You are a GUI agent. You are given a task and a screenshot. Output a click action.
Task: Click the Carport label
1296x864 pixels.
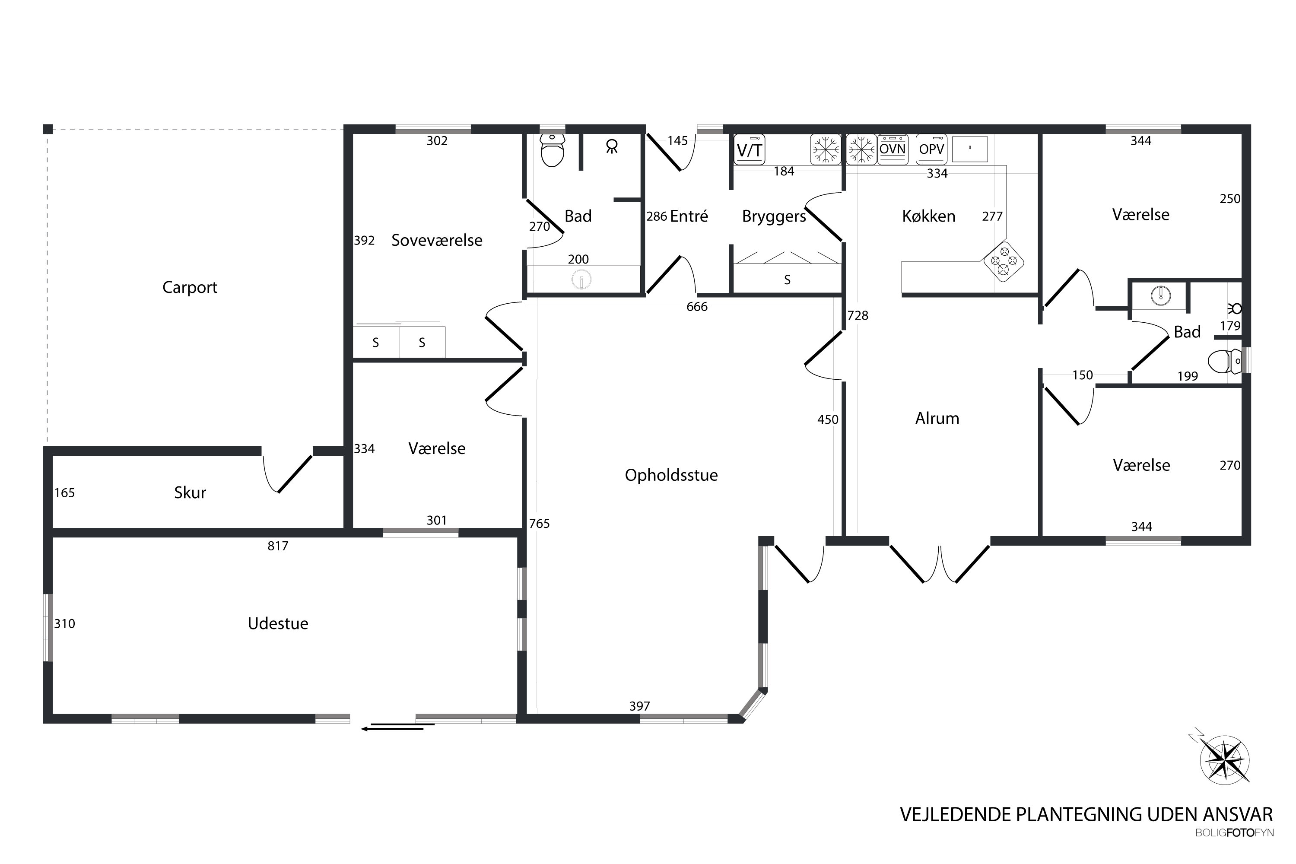point(190,288)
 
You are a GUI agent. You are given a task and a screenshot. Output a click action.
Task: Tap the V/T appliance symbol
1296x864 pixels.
point(750,149)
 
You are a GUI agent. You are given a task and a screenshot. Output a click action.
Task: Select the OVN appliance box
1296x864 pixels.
point(893,149)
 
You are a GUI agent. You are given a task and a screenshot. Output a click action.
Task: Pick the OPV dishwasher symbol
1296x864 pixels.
point(931,149)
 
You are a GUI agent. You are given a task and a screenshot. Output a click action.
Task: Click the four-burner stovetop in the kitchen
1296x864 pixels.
point(1004,262)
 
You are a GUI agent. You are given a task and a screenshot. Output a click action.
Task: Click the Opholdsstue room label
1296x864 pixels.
point(671,475)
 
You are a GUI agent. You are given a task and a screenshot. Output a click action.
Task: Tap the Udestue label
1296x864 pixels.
point(278,623)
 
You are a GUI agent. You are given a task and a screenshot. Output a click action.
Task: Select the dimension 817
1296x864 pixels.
point(278,546)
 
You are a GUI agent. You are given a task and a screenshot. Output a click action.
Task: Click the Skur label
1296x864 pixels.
point(190,492)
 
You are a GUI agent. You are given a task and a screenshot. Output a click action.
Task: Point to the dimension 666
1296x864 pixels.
point(697,306)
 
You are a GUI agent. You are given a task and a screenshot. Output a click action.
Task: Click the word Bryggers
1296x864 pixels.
point(774,216)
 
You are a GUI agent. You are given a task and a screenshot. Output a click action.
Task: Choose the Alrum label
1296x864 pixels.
point(937,418)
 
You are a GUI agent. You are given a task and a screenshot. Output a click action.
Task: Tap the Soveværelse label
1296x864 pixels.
point(437,240)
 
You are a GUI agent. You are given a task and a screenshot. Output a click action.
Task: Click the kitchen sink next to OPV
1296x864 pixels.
point(970,148)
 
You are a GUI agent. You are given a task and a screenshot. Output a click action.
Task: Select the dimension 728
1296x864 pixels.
point(858,315)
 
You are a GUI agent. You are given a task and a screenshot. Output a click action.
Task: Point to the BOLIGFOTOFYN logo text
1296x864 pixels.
point(1234,833)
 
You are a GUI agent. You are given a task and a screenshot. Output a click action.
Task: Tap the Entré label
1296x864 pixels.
point(689,216)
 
